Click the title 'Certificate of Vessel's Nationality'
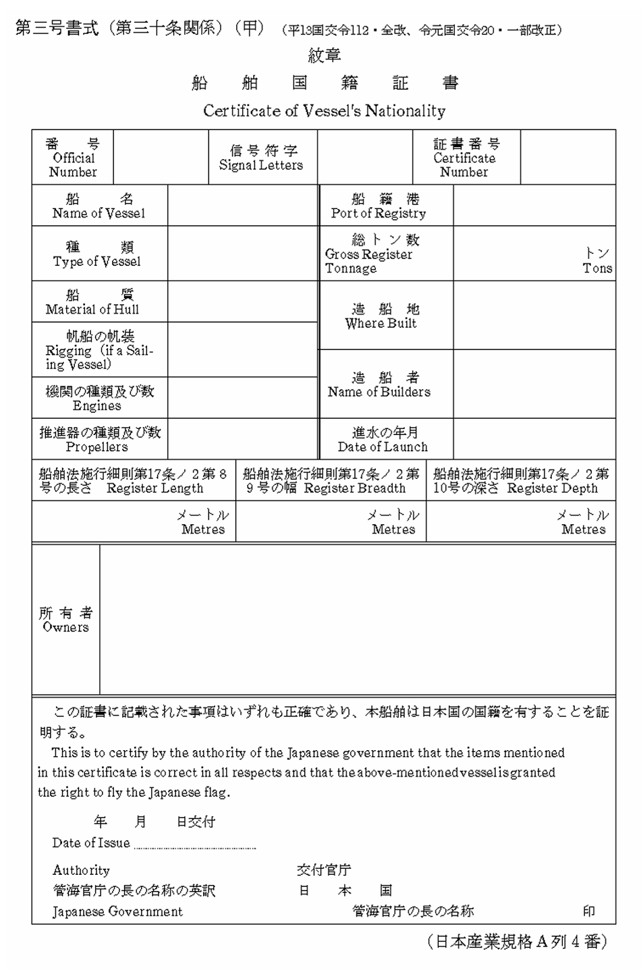click(324, 111)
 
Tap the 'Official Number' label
click(73, 165)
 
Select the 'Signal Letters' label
click(261, 165)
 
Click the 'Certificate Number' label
click(464, 165)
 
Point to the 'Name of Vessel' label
click(99, 213)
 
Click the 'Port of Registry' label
click(379, 213)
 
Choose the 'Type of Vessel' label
click(97, 261)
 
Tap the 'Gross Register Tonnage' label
click(368, 261)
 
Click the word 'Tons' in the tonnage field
click(597, 268)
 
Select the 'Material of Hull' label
click(92, 309)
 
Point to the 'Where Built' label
click(381, 323)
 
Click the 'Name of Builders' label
click(379, 391)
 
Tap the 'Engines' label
click(97, 405)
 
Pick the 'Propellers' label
click(96, 447)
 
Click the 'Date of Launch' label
click(383, 447)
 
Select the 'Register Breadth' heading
click(355, 488)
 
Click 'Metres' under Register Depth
click(584, 530)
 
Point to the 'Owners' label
click(65, 627)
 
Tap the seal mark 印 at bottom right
click(589, 911)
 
